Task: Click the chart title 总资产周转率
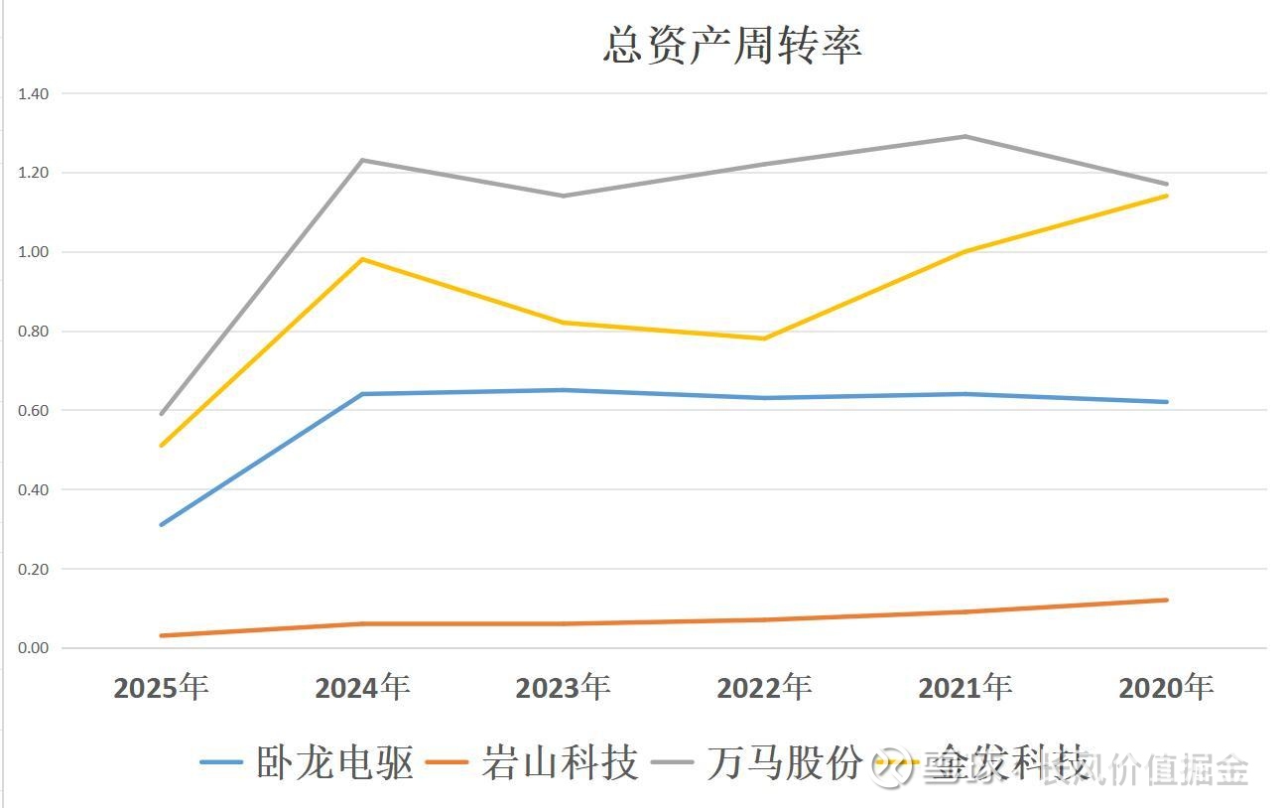732,46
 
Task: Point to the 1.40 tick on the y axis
33,93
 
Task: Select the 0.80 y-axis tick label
33,332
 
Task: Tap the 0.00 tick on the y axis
33,648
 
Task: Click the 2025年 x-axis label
161,687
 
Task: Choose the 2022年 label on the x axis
764,687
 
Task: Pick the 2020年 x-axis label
1166,687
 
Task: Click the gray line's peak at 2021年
965,136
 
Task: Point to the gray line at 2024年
362,160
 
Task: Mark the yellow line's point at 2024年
362,259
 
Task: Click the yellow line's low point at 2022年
764,338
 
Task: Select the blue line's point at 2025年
161,524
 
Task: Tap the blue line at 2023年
563,390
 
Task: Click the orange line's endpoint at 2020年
1167,600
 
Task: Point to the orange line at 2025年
161,635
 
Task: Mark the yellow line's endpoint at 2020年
1167,196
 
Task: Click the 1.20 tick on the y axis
33,173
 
